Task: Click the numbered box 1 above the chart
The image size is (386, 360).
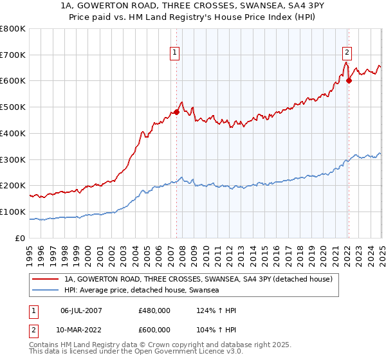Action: click(175, 53)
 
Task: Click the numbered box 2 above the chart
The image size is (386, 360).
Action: click(347, 53)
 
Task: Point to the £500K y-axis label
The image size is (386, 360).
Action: click(14, 107)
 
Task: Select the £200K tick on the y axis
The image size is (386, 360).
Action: click(14, 186)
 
